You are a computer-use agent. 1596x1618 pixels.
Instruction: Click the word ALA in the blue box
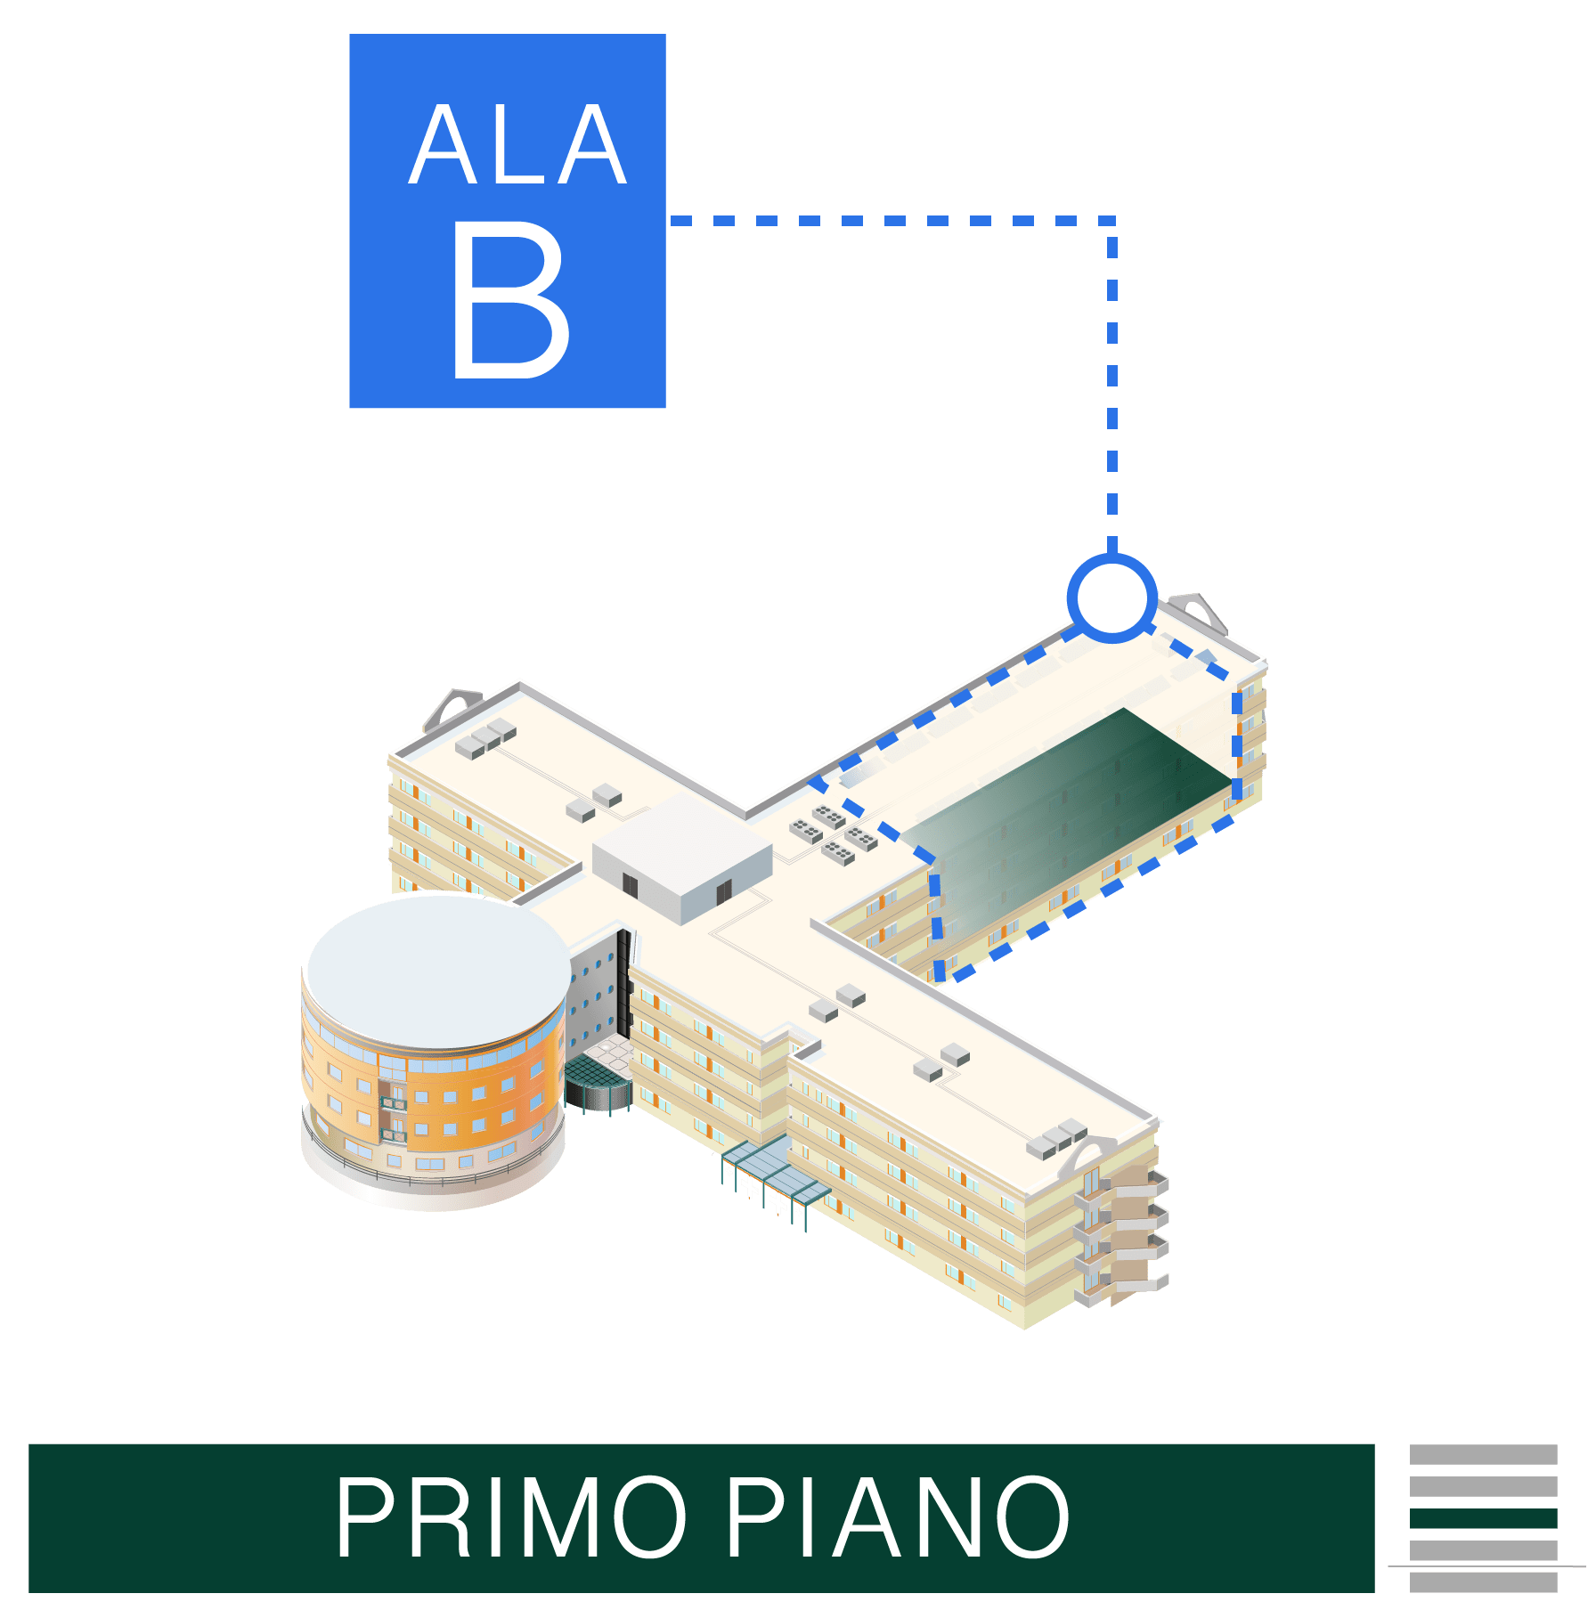pyautogui.click(x=518, y=145)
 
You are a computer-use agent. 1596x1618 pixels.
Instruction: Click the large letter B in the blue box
pyautogui.click(x=510, y=300)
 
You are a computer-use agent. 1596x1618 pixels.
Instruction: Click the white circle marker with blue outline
pyautogui.click(x=1111, y=598)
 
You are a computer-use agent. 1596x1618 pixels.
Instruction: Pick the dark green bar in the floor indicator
pyautogui.click(x=1483, y=1517)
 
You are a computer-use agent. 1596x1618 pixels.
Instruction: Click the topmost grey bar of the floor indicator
pyautogui.click(x=1483, y=1454)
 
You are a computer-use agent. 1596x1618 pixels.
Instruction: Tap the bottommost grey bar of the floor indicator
pyautogui.click(x=1483, y=1582)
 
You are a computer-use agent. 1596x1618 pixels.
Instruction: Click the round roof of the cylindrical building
pyautogui.click(x=438, y=971)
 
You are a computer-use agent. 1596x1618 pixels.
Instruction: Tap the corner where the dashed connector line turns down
pyautogui.click(x=1112, y=220)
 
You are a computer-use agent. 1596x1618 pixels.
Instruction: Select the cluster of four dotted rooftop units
pyautogui.click(x=834, y=833)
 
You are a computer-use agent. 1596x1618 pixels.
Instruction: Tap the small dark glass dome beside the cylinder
pyautogui.click(x=595, y=1082)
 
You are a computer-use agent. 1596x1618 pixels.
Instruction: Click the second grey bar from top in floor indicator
pyautogui.click(x=1483, y=1486)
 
